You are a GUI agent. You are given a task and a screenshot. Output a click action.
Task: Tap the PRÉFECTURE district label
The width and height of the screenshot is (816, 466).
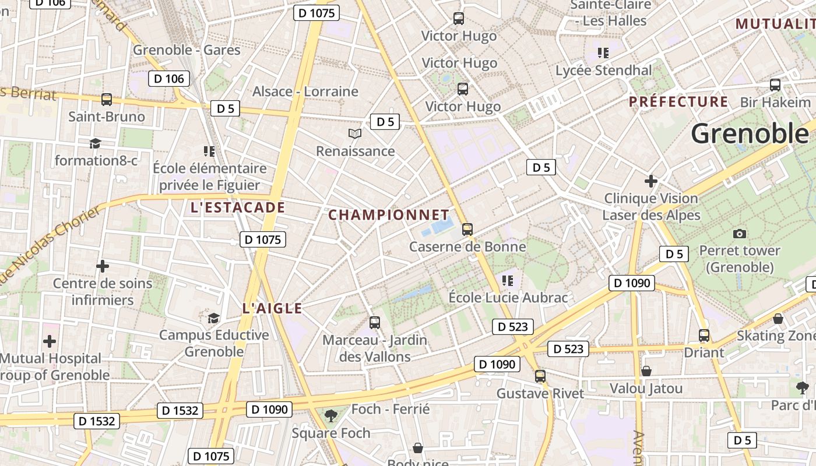[x=678, y=102]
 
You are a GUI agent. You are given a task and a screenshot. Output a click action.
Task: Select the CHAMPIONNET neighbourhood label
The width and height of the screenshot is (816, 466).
[x=389, y=215]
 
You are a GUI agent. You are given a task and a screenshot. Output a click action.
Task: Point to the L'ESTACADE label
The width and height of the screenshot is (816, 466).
[x=238, y=207]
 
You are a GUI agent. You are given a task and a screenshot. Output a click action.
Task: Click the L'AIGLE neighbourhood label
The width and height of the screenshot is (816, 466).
[x=272, y=308]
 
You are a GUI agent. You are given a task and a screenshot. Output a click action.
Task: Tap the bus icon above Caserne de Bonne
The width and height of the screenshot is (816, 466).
[x=467, y=230]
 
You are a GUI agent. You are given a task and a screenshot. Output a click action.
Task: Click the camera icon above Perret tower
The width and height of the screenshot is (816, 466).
[x=740, y=234]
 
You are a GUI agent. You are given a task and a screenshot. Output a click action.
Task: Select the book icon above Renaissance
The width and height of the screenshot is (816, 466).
[x=355, y=134]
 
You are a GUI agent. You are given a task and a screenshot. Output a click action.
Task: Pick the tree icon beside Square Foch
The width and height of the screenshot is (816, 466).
[x=331, y=415]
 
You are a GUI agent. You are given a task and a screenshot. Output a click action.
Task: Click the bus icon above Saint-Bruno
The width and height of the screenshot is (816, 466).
[x=107, y=100]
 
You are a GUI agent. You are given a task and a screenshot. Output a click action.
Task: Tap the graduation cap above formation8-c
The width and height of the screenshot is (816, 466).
[x=94, y=143]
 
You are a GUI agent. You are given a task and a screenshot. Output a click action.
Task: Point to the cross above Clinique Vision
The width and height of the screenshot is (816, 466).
[x=651, y=181]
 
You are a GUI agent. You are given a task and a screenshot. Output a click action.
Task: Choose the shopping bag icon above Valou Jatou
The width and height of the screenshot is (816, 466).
[x=646, y=371]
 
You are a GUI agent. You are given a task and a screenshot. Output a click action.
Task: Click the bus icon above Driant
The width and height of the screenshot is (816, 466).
[x=704, y=336]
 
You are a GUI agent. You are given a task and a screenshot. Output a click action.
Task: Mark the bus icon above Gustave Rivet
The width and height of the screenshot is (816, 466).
[x=540, y=376]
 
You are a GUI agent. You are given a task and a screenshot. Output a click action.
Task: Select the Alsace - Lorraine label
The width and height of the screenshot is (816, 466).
[x=305, y=91]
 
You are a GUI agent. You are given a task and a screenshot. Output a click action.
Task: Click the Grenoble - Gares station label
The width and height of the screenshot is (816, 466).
[x=187, y=50]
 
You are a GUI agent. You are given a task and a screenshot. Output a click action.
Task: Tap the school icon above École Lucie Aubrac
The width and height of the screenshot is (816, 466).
[x=508, y=281]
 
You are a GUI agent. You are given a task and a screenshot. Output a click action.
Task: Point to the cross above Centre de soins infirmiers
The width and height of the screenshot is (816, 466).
[x=103, y=267]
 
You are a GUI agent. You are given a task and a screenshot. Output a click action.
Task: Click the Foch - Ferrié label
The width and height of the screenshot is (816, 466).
[x=391, y=409]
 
